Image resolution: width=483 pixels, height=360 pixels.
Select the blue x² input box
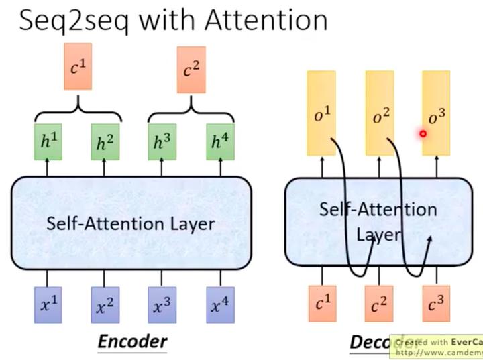tap(103, 305)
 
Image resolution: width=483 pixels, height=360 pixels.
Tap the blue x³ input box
tap(160, 305)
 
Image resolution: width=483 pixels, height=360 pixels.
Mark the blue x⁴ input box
tap(217, 305)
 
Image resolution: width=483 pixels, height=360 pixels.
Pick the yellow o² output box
tap(380, 113)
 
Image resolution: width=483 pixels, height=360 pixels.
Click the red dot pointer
tap(423, 134)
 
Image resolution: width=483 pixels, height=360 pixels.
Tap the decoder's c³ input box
tap(437, 305)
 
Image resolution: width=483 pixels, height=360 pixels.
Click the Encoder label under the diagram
tap(132, 342)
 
